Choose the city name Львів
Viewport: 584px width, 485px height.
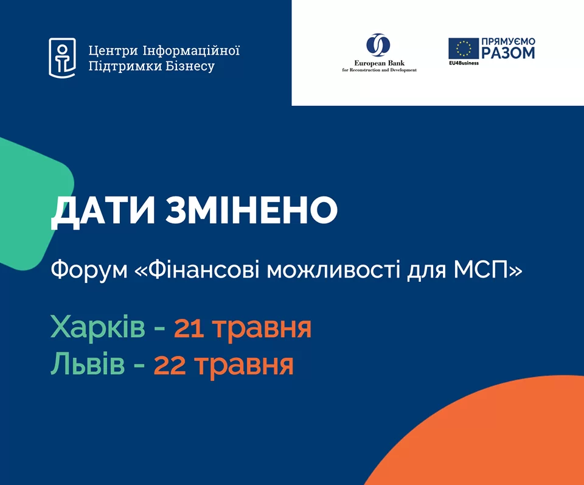[x=88, y=365]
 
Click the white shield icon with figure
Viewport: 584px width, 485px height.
[x=62, y=58]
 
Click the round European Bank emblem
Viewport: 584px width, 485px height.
[x=378, y=45]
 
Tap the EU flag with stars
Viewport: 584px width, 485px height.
[x=464, y=49]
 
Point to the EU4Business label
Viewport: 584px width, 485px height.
[x=464, y=63]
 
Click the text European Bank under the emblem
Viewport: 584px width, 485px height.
[x=379, y=63]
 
